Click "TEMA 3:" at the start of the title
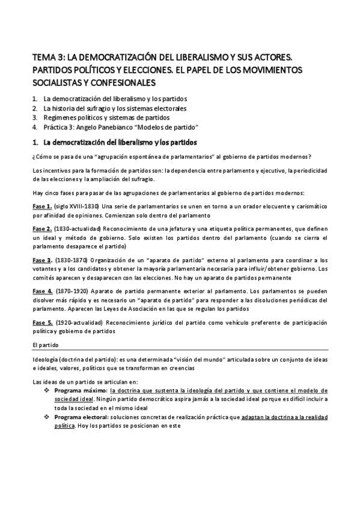tap(47, 58)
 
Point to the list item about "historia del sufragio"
tap(115, 108)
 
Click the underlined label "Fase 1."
tap(43, 207)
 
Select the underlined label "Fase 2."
tap(43, 230)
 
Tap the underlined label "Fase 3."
tap(43, 260)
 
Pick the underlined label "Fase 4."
tap(43, 290)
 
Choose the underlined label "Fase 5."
tap(43, 322)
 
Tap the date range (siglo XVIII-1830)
tap(80, 207)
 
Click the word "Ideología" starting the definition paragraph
tap(46, 359)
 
